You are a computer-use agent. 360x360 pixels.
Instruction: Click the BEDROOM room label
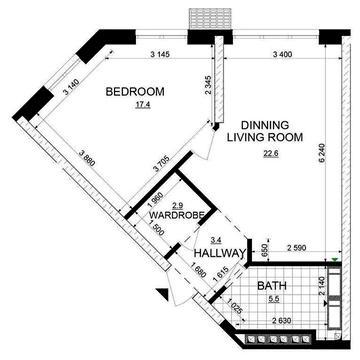coord(135,91)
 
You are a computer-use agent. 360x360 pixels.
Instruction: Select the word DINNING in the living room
coord(265,125)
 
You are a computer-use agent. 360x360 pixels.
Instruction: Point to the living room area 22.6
coord(271,154)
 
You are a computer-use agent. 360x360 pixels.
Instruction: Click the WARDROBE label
coord(177,215)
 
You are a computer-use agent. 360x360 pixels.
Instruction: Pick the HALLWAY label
coord(220,253)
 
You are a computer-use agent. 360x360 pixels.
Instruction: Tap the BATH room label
coord(272,286)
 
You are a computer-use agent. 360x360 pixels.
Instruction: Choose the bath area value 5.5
coord(274,299)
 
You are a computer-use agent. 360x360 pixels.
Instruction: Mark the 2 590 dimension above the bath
coord(297,248)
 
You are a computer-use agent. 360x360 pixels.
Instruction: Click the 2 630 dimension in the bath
coord(282,321)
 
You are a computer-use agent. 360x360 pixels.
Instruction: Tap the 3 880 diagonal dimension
coord(87,158)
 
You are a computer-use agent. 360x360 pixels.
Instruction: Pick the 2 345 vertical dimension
coord(209,85)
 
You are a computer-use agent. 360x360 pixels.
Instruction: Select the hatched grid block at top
coord(210,19)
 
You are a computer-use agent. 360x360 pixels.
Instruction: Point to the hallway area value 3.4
coord(214,239)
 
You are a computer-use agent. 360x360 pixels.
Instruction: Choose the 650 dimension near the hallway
coord(264,248)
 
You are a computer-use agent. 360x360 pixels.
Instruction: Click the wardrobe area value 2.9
coord(177,205)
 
